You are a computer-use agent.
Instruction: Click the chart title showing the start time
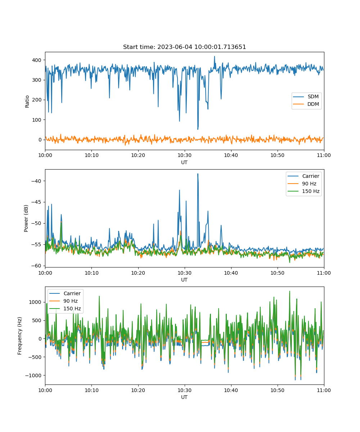pyautogui.click(x=184, y=47)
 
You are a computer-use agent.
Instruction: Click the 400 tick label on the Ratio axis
pyautogui.click(x=37, y=60)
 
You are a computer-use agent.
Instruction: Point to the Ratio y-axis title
pyautogui.click(x=27, y=102)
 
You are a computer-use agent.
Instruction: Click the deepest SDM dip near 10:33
pyautogui.click(x=198, y=129)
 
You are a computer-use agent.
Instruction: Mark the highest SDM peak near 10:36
pyautogui.click(x=214, y=56)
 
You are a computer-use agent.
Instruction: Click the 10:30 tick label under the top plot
pyautogui.click(x=185, y=155)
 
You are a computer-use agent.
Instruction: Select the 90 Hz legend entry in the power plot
pyautogui.click(x=303, y=184)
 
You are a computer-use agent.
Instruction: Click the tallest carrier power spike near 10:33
pyautogui.click(x=198, y=174)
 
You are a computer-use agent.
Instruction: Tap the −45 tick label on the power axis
pyautogui.click(x=36, y=202)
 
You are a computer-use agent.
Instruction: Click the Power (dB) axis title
pyautogui.click(x=26, y=219)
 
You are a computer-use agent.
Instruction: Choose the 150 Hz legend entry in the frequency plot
pyautogui.click(x=65, y=309)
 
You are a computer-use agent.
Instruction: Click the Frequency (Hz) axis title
pyautogui.click(x=19, y=336)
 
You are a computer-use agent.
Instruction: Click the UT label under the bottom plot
pyautogui.click(x=184, y=397)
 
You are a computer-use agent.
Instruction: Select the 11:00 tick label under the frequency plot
pyautogui.click(x=324, y=390)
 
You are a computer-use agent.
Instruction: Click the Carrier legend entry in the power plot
pyautogui.click(x=303, y=176)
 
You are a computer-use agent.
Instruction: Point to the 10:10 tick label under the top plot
pyautogui.click(x=92, y=155)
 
